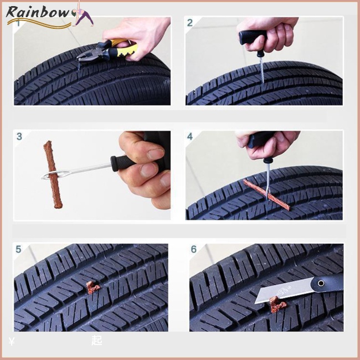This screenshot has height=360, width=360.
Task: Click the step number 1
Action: tap(19, 23)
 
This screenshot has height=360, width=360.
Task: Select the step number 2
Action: tap(190, 23)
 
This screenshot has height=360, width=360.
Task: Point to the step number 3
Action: tap(19, 136)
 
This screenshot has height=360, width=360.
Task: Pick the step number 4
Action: tap(190, 136)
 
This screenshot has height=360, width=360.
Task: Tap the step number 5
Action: tap(19, 249)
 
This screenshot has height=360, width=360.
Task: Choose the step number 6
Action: tap(193, 249)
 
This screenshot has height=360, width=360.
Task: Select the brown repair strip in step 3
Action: tap(53, 174)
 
